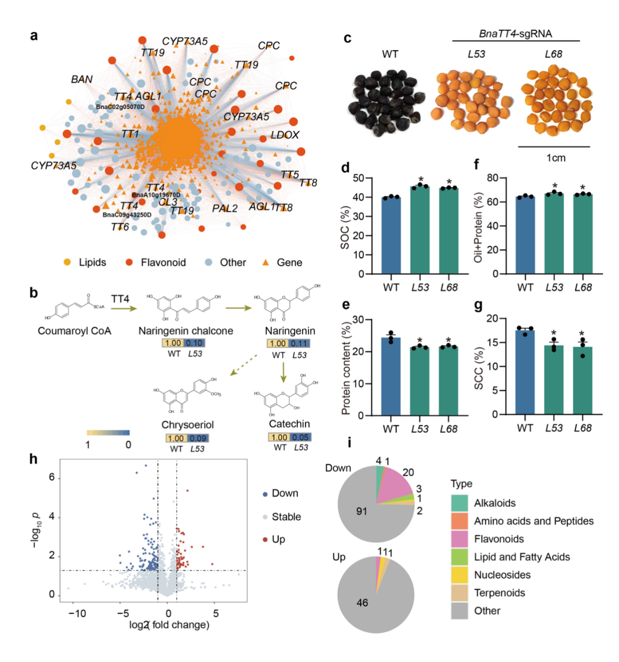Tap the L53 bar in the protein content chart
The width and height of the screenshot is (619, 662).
[420, 381]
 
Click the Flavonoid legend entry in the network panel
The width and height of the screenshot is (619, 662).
[163, 262]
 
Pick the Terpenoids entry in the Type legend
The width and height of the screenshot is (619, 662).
[499, 593]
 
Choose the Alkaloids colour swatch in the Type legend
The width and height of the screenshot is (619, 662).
[459, 503]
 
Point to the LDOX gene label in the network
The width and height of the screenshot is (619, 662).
[285, 135]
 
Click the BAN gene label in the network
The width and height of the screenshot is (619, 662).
[82, 79]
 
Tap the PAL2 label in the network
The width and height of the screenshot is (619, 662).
[225, 208]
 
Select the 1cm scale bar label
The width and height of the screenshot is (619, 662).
[556, 158]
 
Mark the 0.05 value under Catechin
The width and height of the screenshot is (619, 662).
[300, 437]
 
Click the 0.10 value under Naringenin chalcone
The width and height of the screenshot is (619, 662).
[194, 343]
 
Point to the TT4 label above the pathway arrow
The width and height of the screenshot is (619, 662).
[120, 299]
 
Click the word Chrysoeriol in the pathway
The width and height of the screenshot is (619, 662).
[188, 425]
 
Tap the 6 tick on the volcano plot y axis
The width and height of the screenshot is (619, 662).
[52, 478]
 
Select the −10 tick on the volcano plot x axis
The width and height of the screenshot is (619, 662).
[77, 613]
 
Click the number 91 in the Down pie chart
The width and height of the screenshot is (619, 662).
[362, 511]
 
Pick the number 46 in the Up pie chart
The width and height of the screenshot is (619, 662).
[362, 603]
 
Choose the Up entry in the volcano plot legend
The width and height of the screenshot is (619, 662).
[278, 539]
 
